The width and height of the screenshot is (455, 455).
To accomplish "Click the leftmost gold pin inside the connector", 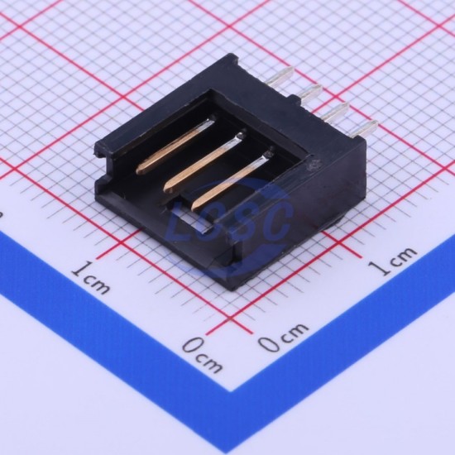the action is tap(175, 145).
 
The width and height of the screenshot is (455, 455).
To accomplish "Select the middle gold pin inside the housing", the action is tap(204, 161).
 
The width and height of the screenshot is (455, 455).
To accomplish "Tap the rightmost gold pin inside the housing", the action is tap(232, 179).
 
